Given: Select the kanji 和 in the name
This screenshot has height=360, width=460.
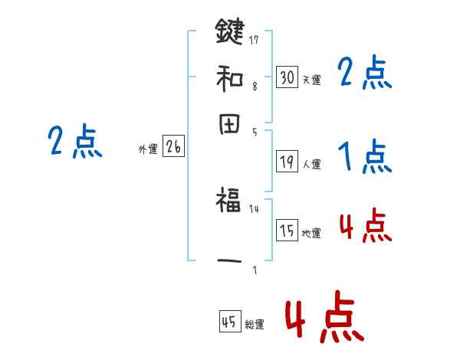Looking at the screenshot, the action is click(x=230, y=77).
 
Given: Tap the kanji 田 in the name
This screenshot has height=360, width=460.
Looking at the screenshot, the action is click(x=230, y=124).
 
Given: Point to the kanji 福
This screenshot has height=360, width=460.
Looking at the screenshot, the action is click(x=230, y=201).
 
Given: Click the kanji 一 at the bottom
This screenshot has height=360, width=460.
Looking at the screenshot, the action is click(x=230, y=260).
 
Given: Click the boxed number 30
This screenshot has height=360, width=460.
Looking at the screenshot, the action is click(x=287, y=77).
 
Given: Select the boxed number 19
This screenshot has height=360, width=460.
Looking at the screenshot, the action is click(x=287, y=161).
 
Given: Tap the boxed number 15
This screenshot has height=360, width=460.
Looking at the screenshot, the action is click(x=287, y=231).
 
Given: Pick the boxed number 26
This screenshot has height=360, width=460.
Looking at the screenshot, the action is click(x=173, y=148).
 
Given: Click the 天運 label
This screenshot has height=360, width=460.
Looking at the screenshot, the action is click(x=311, y=80).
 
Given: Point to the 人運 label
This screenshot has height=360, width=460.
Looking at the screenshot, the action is click(x=311, y=163).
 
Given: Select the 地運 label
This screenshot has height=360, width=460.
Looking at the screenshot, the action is click(x=311, y=233).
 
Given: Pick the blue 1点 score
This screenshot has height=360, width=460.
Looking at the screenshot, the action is click(x=364, y=158).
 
